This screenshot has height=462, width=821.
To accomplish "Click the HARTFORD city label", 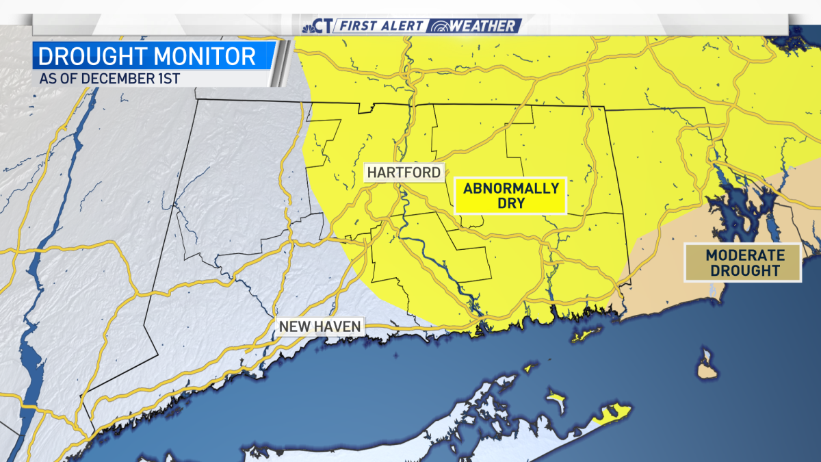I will tap(404, 172).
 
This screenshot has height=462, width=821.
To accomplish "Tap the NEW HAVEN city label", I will tap(320, 326).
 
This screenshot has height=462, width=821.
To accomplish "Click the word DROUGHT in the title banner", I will tap(86, 55).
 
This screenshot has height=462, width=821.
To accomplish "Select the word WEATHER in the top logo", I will tap(483, 26).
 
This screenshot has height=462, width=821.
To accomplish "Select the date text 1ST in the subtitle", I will tap(168, 79).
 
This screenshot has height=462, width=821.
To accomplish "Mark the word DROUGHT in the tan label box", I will tap(744, 271).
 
